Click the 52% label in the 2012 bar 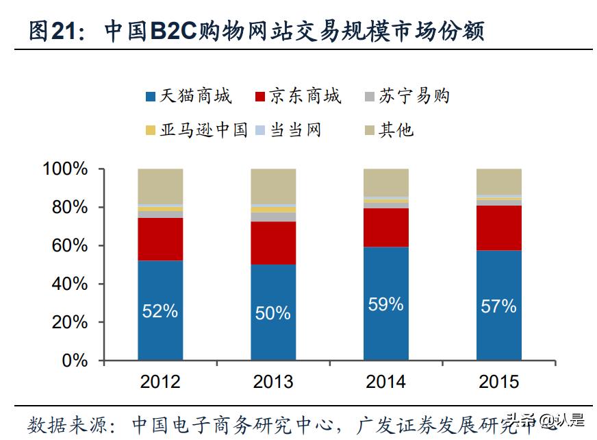[160, 310]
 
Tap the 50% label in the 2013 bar [273, 313]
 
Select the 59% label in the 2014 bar [386, 304]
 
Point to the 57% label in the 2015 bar [498, 306]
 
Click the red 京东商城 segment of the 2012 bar [160, 239]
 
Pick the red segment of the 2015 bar [498, 228]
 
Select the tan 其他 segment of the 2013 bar [273, 186]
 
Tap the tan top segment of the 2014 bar [386, 182]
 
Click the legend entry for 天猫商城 [189, 96]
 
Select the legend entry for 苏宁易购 [406, 96]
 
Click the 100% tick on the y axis [66, 169]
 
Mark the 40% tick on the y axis [71, 284]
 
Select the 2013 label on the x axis [273, 382]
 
